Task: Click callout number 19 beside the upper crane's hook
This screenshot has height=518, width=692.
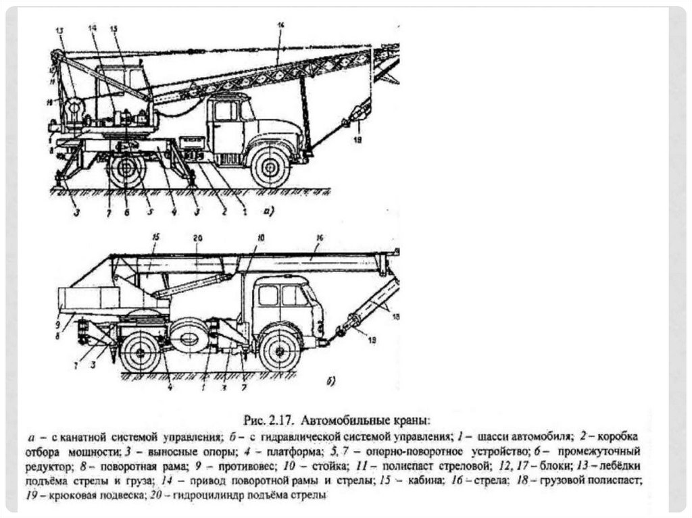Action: [x=357, y=140]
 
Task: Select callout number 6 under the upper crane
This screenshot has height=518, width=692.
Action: [x=126, y=213]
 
